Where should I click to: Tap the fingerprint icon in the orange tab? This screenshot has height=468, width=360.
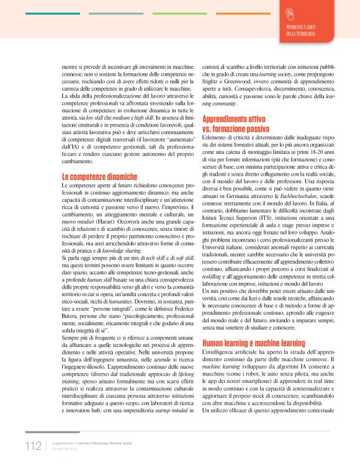289,13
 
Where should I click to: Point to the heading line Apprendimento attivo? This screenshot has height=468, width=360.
236,118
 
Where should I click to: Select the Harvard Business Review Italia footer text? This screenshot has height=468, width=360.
99,443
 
